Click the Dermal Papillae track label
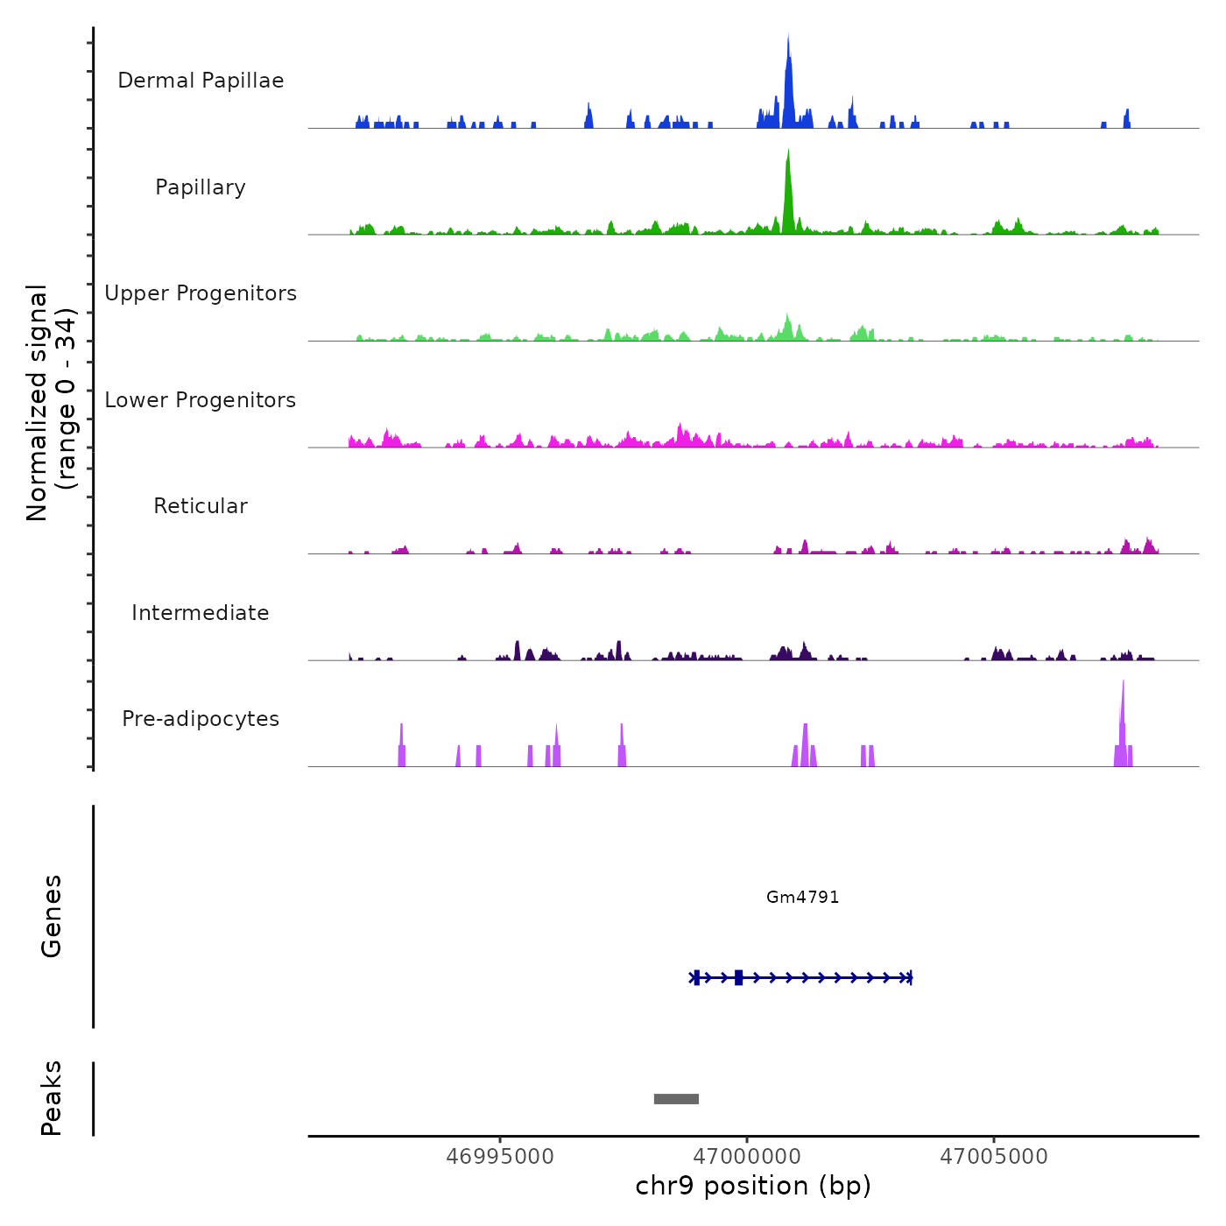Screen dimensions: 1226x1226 tap(201, 81)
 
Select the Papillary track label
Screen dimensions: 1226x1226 tap(201, 187)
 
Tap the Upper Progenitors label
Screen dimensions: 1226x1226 tap(201, 293)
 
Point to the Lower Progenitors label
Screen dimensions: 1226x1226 tap(201, 400)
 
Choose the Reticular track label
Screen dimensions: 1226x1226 tap(201, 506)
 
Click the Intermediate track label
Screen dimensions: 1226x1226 tap(201, 613)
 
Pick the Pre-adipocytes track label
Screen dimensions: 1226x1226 tap(201, 719)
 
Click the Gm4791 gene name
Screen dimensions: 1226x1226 tap(802, 897)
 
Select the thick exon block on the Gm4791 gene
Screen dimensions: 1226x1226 tap(738, 977)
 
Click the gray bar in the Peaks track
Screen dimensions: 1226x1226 tap(676, 1099)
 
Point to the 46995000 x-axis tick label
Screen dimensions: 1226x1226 tap(500, 1157)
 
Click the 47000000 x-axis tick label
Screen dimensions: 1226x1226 tap(747, 1157)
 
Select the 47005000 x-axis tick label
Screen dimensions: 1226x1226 tap(994, 1157)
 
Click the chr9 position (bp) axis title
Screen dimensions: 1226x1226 tap(753, 1186)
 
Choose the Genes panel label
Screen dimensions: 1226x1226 tap(52, 916)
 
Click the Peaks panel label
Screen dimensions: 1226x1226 tap(52, 1098)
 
